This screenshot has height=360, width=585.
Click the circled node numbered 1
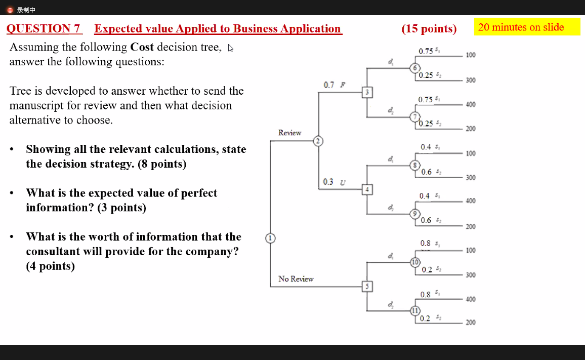[x=271, y=238]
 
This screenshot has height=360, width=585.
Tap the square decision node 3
[x=367, y=92]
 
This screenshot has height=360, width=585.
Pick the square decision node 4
[x=367, y=189]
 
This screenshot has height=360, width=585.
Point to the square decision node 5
[x=367, y=287]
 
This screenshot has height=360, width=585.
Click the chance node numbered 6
[x=415, y=68]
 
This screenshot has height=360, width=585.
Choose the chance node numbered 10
[x=415, y=262]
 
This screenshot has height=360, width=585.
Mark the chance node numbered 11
[x=415, y=310]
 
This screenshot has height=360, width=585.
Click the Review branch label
[x=289, y=133]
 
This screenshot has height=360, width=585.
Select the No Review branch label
[x=296, y=279]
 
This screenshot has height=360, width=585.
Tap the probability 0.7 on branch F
[x=329, y=85]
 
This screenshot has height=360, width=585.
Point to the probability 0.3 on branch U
[x=328, y=182]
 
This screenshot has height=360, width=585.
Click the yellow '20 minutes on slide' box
[x=527, y=27]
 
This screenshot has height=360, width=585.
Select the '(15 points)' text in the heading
[x=429, y=29]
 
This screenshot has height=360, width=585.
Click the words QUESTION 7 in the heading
[x=44, y=29]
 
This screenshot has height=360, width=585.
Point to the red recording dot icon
[x=10, y=10]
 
